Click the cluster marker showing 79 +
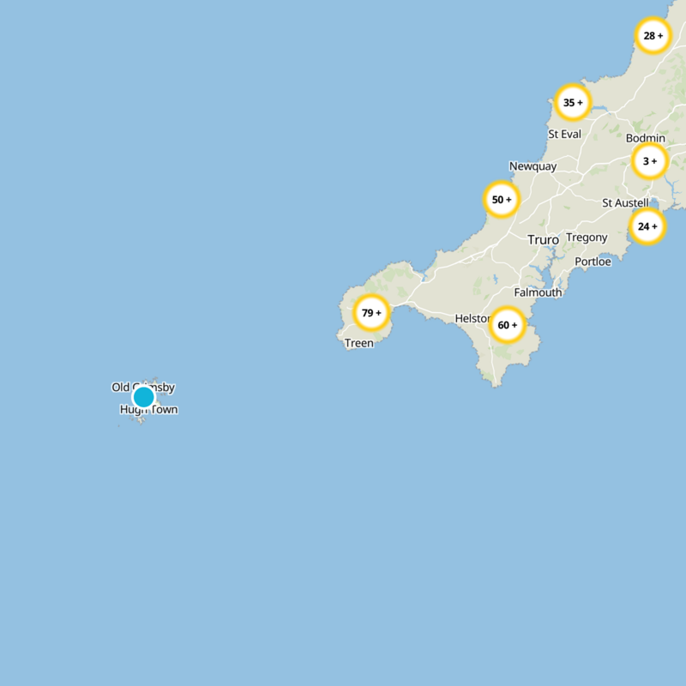[372, 313]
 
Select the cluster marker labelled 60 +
[507, 325]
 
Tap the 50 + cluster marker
[502, 200]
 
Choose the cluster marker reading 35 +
[572, 103]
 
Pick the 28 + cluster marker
[653, 36]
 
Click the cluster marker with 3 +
[650, 160]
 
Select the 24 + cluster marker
[647, 226]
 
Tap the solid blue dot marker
[143, 397]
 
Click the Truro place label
[543, 240]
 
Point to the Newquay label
[533, 166]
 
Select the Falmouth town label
[538, 292]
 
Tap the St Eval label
[564, 134]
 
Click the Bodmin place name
[645, 138]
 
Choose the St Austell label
[625, 203]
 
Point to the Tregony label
[587, 238]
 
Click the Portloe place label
[593, 262]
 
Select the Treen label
[359, 343]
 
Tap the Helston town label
[472, 318]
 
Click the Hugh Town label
[149, 410]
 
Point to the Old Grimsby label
[143, 388]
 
